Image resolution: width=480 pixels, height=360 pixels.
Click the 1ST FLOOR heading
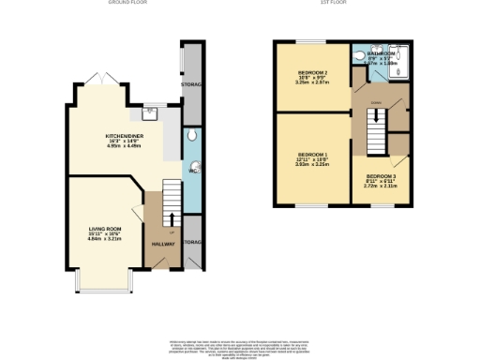(340, 4)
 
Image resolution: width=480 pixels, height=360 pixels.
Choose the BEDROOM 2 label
(312, 72)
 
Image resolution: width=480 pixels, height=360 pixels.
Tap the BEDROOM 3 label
(382, 176)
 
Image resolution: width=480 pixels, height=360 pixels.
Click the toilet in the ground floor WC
(191, 136)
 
